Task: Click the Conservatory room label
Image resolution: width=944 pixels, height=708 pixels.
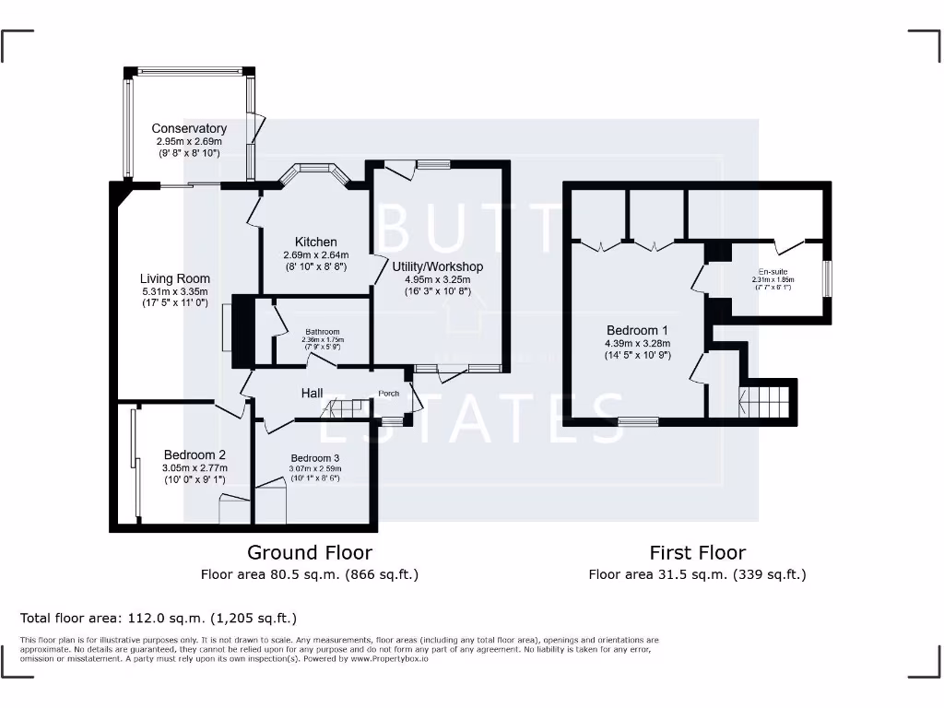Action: pyautogui.click(x=189, y=129)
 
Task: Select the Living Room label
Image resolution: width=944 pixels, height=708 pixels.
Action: pyautogui.click(x=175, y=278)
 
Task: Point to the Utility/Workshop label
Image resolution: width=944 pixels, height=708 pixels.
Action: pyautogui.click(x=438, y=266)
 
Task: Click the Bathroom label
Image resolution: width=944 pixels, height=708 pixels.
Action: pyautogui.click(x=323, y=332)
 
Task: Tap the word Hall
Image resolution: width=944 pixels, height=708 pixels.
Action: pyautogui.click(x=312, y=394)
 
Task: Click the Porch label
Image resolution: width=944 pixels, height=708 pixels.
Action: pyautogui.click(x=389, y=394)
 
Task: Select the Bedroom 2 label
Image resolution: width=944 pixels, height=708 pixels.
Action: pyautogui.click(x=195, y=454)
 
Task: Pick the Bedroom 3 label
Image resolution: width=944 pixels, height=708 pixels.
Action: pyautogui.click(x=315, y=458)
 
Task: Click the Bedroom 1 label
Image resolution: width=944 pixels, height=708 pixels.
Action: pyautogui.click(x=637, y=330)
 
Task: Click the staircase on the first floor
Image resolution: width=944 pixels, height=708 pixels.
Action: pyautogui.click(x=766, y=401)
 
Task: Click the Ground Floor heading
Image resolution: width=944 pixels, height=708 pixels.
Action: pyautogui.click(x=310, y=552)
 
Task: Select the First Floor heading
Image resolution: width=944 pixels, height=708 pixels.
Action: pyautogui.click(x=697, y=552)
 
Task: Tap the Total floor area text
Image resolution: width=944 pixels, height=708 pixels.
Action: pyautogui.click(x=159, y=618)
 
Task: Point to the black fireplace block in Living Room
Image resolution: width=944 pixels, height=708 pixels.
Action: pyautogui.click(x=242, y=330)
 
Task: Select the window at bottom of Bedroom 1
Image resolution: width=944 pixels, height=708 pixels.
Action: pyautogui.click(x=638, y=421)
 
